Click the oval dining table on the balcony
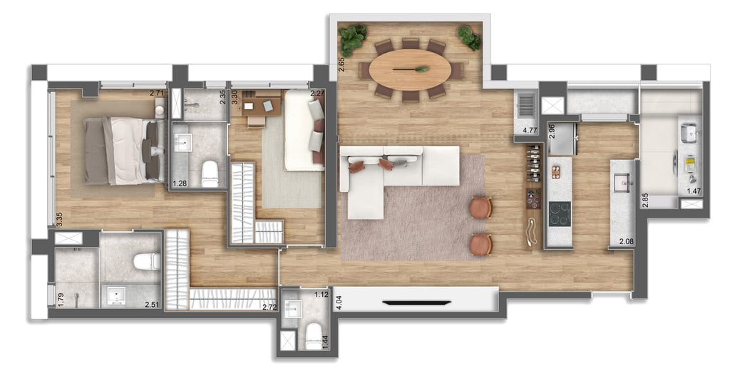pos(410,69)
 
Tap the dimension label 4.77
pos(530,131)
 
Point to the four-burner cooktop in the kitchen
pos(560,213)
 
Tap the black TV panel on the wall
pos(416,303)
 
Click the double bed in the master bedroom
pos(121,151)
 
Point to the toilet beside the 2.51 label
pos(147,261)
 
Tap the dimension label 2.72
pos(269,307)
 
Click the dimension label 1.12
pos(319,293)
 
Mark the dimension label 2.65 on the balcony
pos(341,65)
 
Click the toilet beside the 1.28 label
pos(210,173)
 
